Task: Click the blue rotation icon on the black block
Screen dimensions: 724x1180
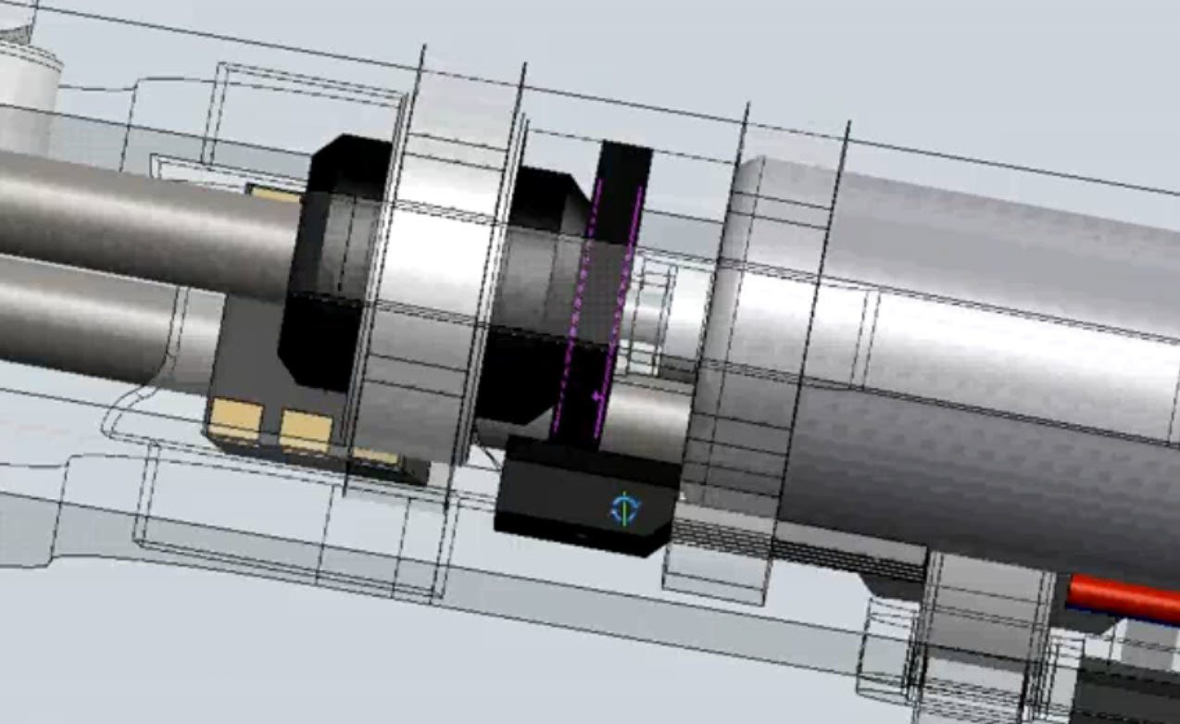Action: point(624,509)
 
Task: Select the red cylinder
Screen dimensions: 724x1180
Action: point(1123,598)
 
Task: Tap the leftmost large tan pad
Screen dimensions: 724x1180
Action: point(234,419)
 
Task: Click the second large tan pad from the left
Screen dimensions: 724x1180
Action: point(306,431)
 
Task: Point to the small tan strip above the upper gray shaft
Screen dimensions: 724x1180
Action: point(274,194)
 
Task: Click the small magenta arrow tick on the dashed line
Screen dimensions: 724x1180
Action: point(597,396)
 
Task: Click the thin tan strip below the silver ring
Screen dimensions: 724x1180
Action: point(376,456)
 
